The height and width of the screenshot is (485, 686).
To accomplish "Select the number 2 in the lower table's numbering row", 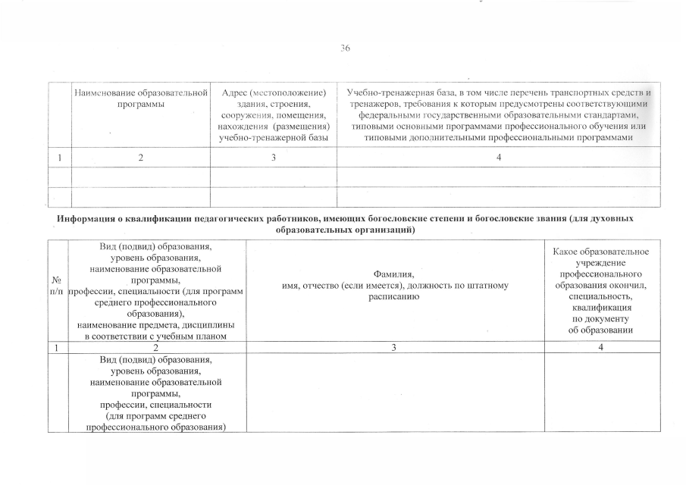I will click(155, 347).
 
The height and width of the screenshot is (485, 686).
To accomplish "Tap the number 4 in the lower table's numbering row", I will click(601, 347).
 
